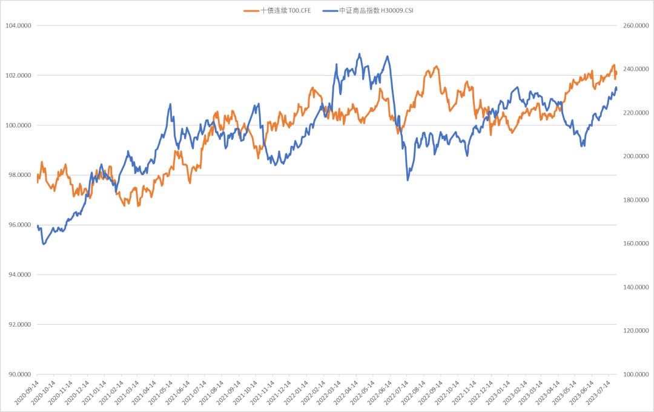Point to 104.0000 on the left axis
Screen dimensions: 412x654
[x=18, y=25]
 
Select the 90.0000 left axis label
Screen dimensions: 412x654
[x=18, y=374]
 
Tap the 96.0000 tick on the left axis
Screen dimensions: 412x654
[x=18, y=225]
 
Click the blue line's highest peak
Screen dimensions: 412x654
[x=360, y=53]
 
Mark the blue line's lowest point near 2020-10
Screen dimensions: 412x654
[x=43, y=244]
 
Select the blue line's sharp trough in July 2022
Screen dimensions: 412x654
[x=408, y=180]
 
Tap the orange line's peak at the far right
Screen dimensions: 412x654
[x=613, y=65]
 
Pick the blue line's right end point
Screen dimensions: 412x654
[x=616, y=88]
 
